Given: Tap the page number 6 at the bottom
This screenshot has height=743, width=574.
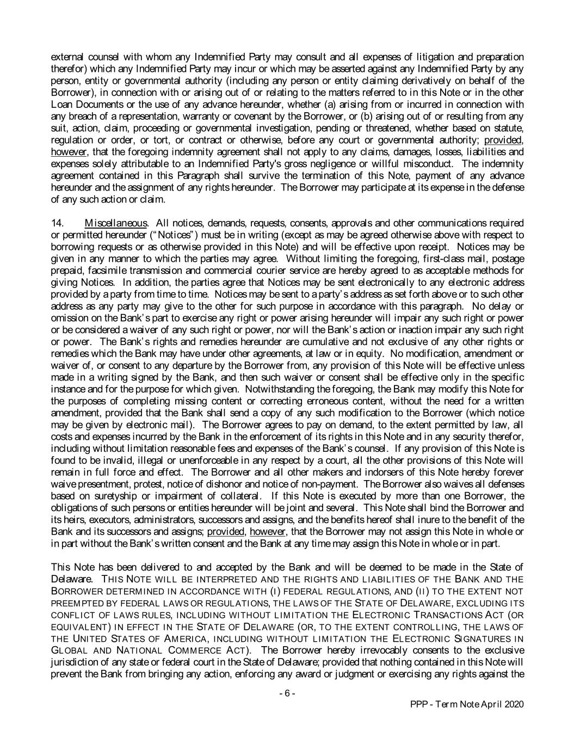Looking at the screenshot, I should coord(287,693).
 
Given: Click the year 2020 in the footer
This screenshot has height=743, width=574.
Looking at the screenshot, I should coord(514,704).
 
